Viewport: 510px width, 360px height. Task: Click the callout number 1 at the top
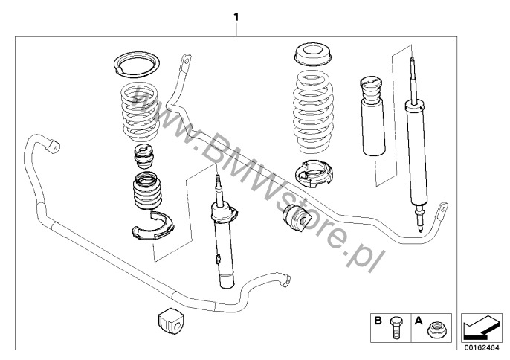point(236,17)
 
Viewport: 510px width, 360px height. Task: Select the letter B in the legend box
point(378,321)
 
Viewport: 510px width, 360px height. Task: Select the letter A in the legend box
point(419,321)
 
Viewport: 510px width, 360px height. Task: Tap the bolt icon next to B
point(396,327)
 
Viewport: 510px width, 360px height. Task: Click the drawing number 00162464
point(482,347)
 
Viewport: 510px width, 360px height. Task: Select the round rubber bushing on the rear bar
point(294,219)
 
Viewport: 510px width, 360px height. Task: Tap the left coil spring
point(140,112)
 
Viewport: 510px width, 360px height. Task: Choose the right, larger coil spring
point(313,112)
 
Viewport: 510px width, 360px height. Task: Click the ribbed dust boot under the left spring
point(147,191)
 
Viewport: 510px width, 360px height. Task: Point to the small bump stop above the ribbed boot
point(144,156)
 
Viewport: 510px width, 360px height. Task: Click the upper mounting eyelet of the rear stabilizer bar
point(186,64)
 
